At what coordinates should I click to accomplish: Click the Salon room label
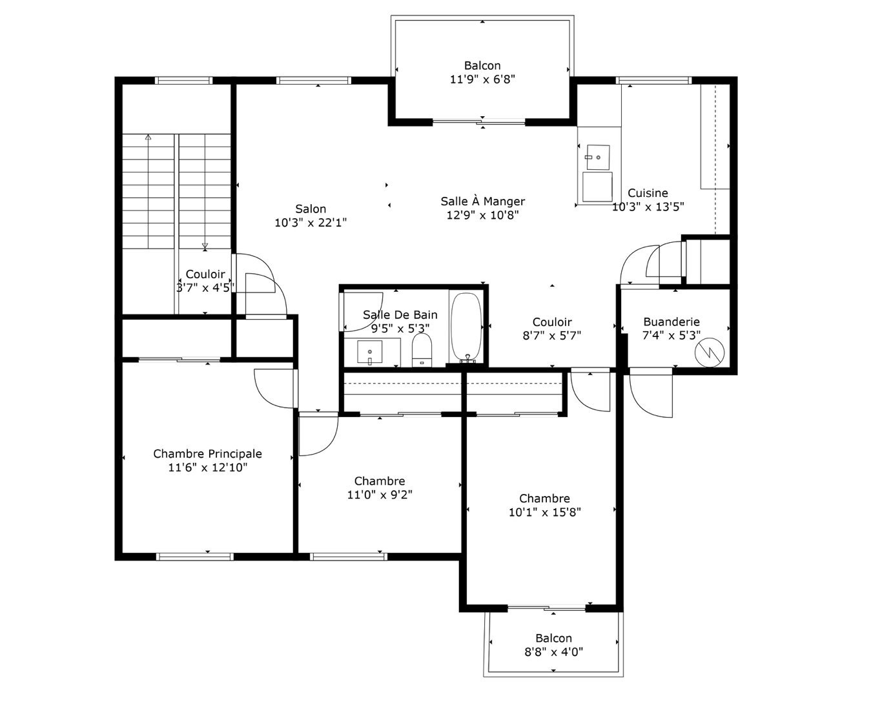tap(311, 209)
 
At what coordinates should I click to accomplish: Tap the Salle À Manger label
tap(483, 201)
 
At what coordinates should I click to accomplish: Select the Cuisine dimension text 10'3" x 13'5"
tap(648, 207)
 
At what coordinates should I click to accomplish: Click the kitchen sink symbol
tap(599, 157)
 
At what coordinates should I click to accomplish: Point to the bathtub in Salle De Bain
tap(466, 327)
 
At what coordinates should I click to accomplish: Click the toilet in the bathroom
tap(422, 350)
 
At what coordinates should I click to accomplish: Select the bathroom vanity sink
tap(370, 352)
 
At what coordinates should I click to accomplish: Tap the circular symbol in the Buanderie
tap(710, 353)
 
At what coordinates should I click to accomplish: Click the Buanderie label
tap(671, 322)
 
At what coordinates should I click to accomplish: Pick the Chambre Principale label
tap(207, 454)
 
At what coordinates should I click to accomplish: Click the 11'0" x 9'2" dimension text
tap(380, 495)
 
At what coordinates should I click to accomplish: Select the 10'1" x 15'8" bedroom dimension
tap(544, 512)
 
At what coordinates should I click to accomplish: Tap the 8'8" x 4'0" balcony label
tap(553, 652)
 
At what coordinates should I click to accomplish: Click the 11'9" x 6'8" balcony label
tap(482, 79)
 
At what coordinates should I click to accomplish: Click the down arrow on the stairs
tap(205, 246)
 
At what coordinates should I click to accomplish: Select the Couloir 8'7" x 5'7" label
tap(552, 329)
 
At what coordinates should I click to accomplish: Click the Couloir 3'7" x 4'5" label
tap(205, 280)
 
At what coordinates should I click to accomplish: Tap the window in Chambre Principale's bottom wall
tap(194, 557)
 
